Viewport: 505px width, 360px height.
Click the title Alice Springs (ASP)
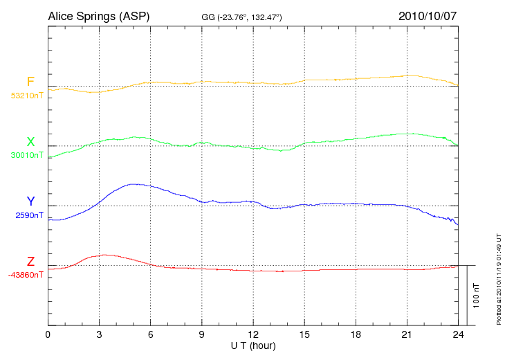click(x=98, y=15)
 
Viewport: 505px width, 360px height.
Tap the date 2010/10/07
click(x=428, y=15)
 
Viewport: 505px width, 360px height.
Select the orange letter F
click(x=30, y=82)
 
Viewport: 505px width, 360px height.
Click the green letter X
click(x=30, y=143)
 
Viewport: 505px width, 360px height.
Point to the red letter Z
click(x=30, y=262)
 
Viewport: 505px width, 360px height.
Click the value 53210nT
click(x=27, y=96)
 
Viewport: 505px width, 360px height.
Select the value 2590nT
click(x=29, y=215)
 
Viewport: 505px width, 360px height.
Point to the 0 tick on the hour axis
click(x=48, y=334)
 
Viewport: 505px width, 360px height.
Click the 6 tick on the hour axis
click(x=150, y=334)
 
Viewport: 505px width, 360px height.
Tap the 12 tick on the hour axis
click(x=253, y=334)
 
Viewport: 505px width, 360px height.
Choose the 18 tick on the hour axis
click(x=356, y=334)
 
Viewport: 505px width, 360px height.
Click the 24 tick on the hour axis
click(x=458, y=334)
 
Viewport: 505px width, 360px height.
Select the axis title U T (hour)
click(x=253, y=345)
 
